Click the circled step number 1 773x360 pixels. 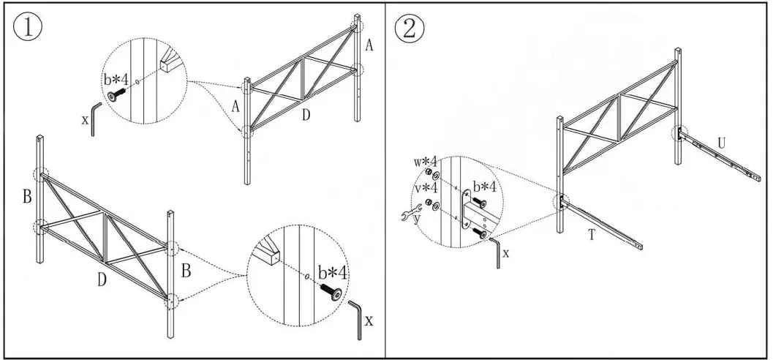[x=27, y=29]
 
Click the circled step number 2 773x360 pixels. [x=408, y=29]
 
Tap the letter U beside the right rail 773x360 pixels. [x=721, y=143]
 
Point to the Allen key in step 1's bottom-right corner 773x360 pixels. [x=358, y=318]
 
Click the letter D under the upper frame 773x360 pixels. [x=306, y=116]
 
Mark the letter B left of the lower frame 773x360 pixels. [x=26, y=196]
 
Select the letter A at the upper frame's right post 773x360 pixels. [x=369, y=46]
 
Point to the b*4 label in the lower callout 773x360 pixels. [x=333, y=273]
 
